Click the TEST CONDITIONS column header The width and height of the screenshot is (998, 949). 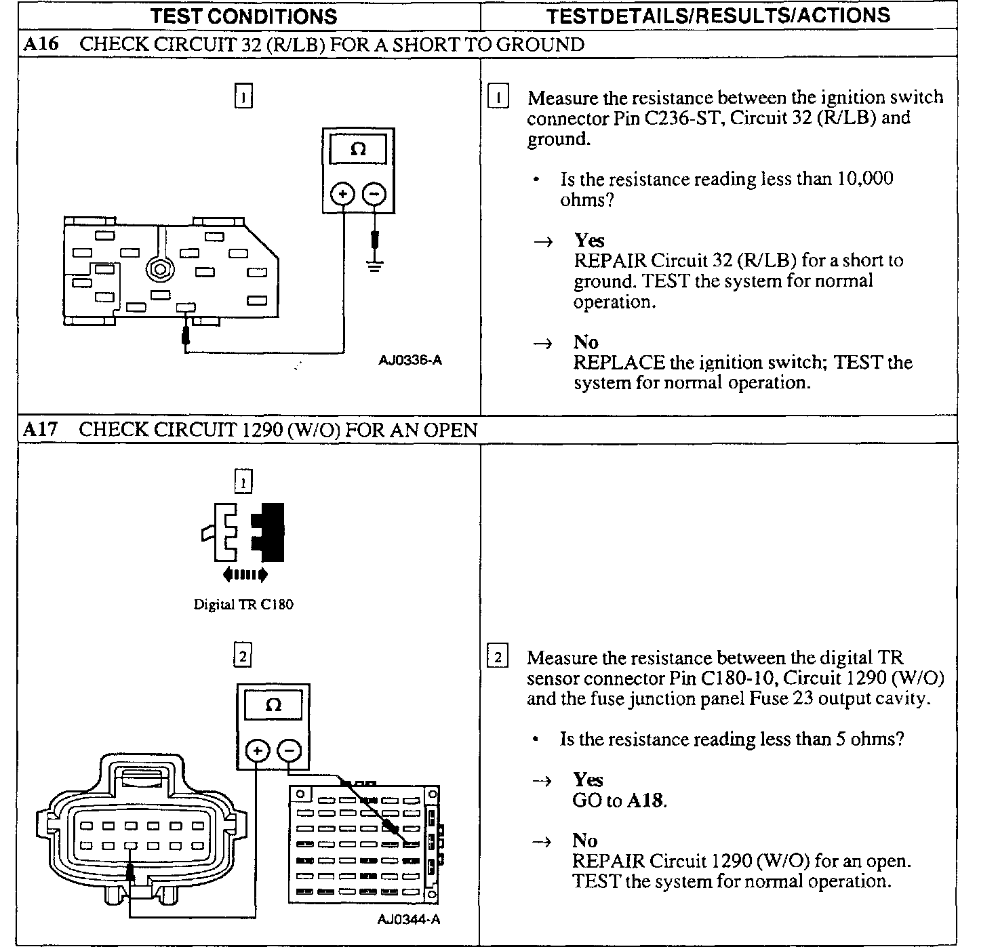point(243,16)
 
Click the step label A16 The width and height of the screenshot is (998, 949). point(41,45)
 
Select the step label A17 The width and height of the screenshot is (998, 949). point(41,430)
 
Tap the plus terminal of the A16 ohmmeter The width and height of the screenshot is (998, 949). point(342,195)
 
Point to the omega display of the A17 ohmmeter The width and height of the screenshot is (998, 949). point(273,705)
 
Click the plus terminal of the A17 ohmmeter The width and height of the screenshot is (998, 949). point(257,751)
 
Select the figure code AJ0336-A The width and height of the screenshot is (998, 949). point(410,361)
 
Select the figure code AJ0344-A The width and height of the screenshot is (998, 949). point(409,920)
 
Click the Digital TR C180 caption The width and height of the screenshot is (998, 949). point(243,605)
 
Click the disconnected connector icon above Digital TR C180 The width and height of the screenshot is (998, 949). point(243,532)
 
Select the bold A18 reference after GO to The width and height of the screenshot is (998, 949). point(645,801)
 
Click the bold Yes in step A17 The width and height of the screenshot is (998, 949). point(587,780)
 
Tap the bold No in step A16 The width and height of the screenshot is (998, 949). point(586,342)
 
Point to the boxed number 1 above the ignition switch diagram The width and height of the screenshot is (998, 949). point(243,97)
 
